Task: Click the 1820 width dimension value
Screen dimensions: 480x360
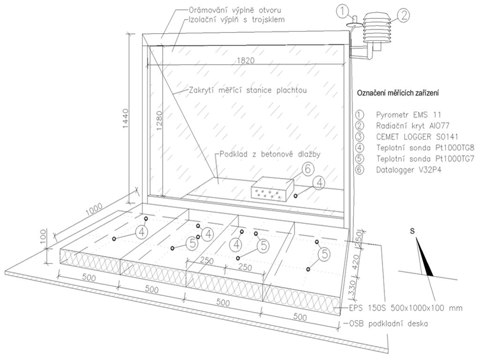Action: (246, 60)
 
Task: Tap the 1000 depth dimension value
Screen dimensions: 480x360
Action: (94, 210)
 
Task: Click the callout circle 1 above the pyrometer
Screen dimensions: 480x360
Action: (343, 12)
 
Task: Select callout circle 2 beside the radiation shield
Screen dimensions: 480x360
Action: (404, 15)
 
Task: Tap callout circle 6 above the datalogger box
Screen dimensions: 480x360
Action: (308, 169)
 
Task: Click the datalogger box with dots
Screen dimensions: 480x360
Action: (272, 189)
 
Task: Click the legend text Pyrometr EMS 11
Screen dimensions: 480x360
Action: (409, 115)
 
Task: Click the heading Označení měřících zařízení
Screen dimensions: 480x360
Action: (397, 93)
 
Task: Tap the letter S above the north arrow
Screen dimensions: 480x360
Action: (412, 231)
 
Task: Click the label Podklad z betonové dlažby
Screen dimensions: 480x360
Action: (270, 154)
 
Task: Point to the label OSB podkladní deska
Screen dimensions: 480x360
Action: (388, 323)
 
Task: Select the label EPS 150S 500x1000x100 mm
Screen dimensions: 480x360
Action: (405, 307)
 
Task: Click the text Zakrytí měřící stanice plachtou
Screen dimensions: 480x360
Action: (247, 90)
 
